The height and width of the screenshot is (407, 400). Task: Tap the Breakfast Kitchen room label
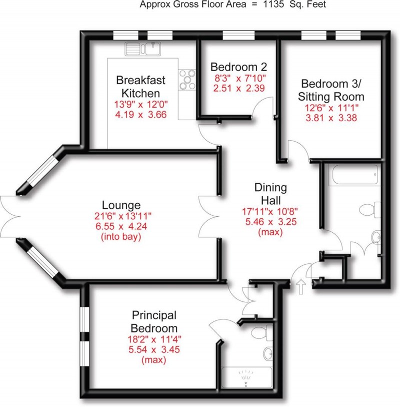(140, 87)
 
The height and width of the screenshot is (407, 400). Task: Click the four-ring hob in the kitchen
(188, 80)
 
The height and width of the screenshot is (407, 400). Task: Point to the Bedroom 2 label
(238, 67)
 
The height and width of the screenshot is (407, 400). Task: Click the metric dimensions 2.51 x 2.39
(238, 88)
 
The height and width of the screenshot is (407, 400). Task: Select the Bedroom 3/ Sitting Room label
(331, 90)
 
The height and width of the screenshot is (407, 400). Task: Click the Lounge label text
(121, 205)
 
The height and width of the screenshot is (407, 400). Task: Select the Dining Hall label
(270, 194)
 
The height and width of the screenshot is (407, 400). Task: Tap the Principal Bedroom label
(154, 322)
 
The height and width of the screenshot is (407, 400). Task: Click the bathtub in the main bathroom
(353, 176)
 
